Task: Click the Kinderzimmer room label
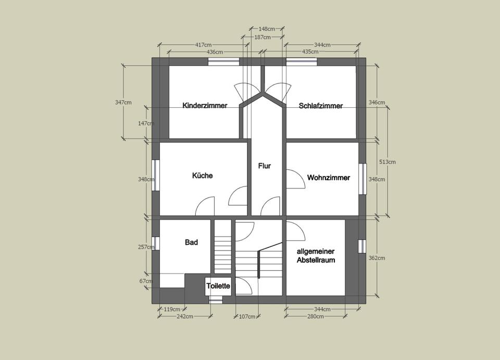(205, 105)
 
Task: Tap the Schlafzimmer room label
(321, 106)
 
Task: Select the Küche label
(202, 176)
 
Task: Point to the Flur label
(265, 166)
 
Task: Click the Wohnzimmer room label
(329, 178)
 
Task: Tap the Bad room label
(191, 242)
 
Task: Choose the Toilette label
(218, 285)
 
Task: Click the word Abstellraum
(316, 260)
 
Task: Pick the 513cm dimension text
(387, 162)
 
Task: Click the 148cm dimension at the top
(267, 29)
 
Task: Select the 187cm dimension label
(262, 38)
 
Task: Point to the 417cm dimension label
(204, 45)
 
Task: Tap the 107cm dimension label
(247, 317)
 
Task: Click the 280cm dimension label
(316, 316)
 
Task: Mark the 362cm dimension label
(377, 258)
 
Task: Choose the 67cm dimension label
(146, 281)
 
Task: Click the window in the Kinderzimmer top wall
(223, 61)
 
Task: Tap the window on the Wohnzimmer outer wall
(362, 179)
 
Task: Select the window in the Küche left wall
(155, 175)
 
